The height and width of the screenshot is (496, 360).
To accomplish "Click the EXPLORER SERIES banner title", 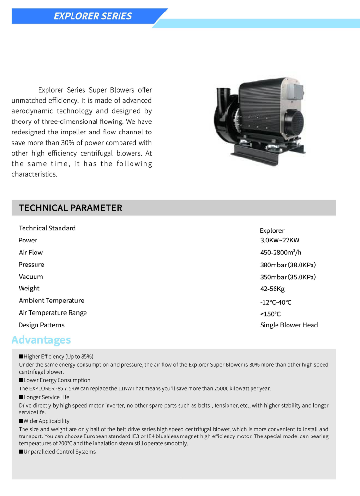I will tap(92, 16).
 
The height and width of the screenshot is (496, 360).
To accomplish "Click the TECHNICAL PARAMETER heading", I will tap(71, 208).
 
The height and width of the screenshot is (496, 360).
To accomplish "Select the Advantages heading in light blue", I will tap(41, 340).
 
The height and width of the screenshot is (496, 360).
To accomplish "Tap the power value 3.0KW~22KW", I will tap(279, 240).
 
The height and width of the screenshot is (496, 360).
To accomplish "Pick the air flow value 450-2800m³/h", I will tap(281, 253).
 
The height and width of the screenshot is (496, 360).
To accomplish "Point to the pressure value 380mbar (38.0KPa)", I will tap(288, 265).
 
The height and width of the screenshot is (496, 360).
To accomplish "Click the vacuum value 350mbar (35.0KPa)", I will tap(288, 277).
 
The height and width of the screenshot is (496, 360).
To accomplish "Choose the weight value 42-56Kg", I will tap(272, 289).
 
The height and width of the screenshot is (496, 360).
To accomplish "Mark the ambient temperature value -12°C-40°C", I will tap(276, 302).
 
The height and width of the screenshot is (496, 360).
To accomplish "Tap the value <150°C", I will tap(270, 314).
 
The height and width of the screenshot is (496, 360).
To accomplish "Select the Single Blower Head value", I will tap(289, 325).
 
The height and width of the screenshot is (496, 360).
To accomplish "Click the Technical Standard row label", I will tap(47, 228).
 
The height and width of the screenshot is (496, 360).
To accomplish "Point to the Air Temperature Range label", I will tap(53, 313).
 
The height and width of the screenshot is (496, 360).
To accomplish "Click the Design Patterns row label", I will tap(41, 325).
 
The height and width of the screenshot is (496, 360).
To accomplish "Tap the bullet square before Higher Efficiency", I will tap(21, 357).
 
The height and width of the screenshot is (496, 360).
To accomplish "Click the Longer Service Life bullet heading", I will tap(47, 397).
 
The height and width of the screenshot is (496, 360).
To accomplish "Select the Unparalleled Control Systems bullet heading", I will tap(60, 452).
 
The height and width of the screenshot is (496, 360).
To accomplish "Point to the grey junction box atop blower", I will tap(295, 93).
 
